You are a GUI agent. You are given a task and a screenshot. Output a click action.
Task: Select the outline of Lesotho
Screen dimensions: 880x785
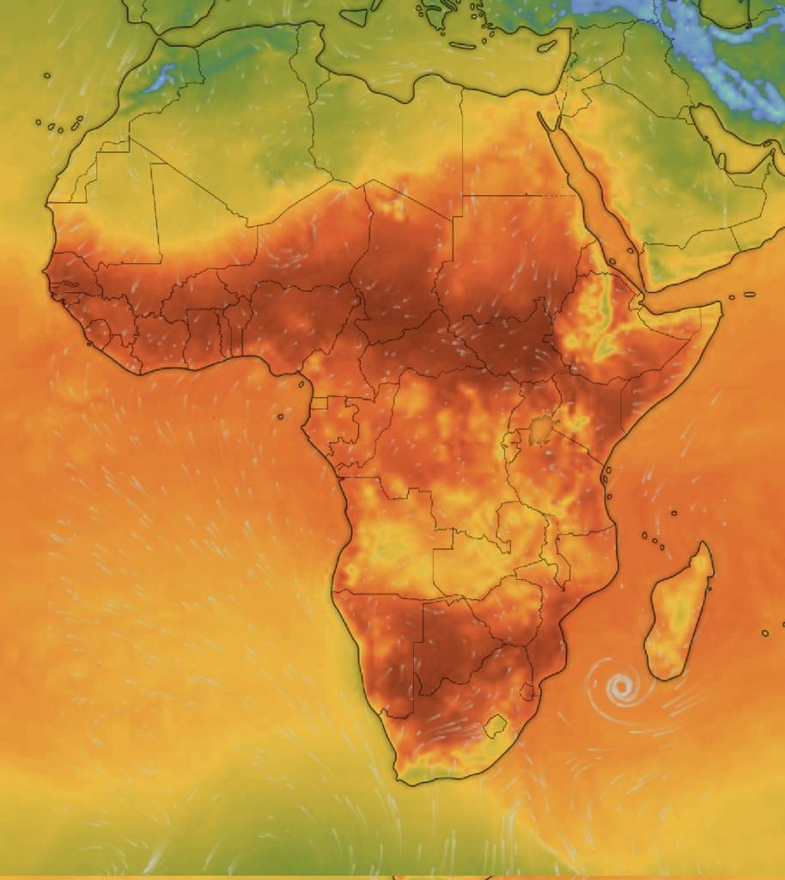click(494, 727)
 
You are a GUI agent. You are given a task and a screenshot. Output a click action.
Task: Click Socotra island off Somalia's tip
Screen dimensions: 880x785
click(749, 294)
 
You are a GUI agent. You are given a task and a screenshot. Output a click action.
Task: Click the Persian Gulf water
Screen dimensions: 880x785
click(730, 137)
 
